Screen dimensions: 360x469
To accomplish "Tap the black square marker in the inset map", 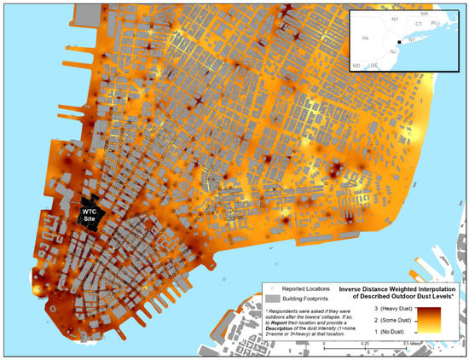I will [x=399, y=39].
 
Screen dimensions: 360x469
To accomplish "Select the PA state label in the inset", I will [x=366, y=38].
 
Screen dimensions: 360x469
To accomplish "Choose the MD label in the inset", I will [x=356, y=64].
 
